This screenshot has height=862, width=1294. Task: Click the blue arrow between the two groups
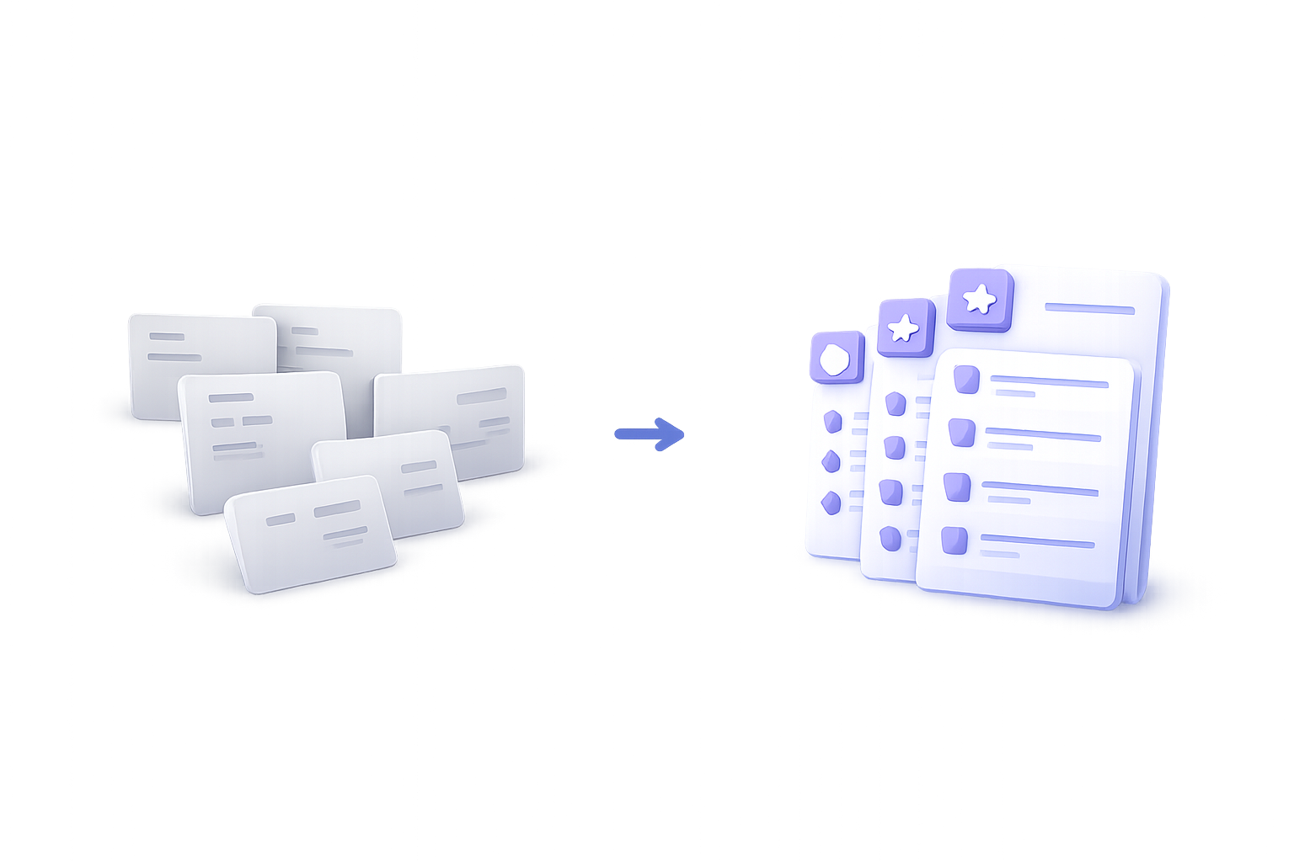[x=649, y=434]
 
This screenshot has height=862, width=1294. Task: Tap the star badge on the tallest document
[x=980, y=299]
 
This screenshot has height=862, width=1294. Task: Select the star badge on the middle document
[x=906, y=327]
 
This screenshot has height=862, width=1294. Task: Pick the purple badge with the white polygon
[x=836, y=358]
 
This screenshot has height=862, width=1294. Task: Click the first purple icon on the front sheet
[x=966, y=380]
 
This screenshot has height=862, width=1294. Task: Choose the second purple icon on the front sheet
[x=961, y=433]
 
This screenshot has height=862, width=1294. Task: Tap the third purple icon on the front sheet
[x=957, y=487]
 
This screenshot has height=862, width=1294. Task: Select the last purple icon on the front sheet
[x=954, y=540]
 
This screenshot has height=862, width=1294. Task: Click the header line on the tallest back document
[x=1089, y=309]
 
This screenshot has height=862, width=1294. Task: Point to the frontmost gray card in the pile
[x=310, y=532]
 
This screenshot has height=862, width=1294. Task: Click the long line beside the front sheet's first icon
[x=1049, y=383]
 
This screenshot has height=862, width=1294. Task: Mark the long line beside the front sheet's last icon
[x=1037, y=542]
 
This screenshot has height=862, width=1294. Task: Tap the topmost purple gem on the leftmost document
[x=833, y=421]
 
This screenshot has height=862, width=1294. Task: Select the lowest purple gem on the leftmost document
[x=831, y=503]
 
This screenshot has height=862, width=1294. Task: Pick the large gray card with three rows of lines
[x=261, y=438]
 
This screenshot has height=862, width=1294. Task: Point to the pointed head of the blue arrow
[x=674, y=434]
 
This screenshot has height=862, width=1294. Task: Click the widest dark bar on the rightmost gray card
[x=481, y=396]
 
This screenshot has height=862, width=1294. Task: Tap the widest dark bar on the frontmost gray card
[x=337, y=509]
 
